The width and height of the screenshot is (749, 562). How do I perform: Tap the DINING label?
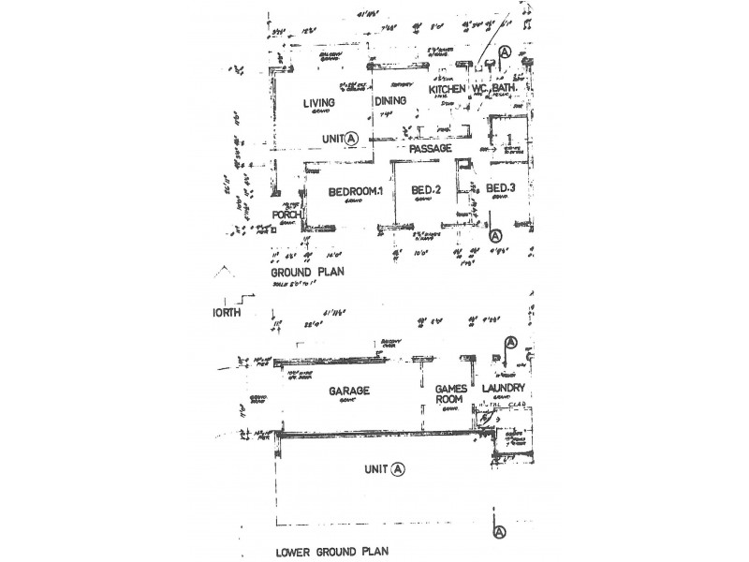[x=389, y=103]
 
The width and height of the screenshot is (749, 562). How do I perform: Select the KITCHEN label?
[x=448, y=89]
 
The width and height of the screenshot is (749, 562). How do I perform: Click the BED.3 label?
[x=503, y=189]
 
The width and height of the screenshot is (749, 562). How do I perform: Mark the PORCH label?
[x=285, y=215]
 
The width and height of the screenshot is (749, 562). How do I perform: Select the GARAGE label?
[x=349, y=391]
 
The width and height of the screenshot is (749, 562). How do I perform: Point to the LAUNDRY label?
[x=504, y=388]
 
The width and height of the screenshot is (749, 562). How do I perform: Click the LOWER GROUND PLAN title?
[x=339, y=552]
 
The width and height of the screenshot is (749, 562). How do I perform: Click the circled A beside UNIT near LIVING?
[x=352, y=138]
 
